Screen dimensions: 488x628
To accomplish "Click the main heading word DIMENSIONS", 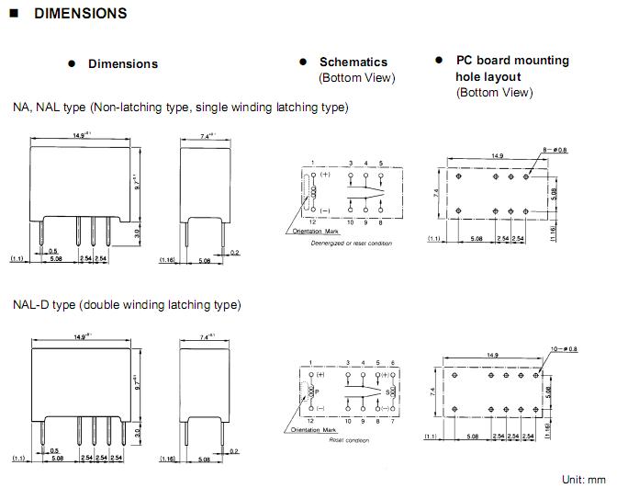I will [81, 14].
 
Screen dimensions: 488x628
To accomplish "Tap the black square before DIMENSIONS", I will [15, 14].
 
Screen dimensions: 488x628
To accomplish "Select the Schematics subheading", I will [353, 62].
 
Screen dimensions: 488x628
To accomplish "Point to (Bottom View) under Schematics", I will [356, 78].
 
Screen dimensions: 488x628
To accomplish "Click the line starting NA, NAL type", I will [180, 108].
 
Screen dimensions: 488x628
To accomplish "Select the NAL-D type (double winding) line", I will [127, 304].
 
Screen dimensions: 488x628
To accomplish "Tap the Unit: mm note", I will [584, 479].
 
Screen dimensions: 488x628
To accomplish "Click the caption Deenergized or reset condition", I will [352, 244].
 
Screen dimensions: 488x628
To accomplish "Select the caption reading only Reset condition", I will [348, 440].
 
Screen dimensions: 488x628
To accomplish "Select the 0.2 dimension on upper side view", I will [235, 251].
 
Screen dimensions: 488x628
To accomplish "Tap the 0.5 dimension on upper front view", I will [53, 250].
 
